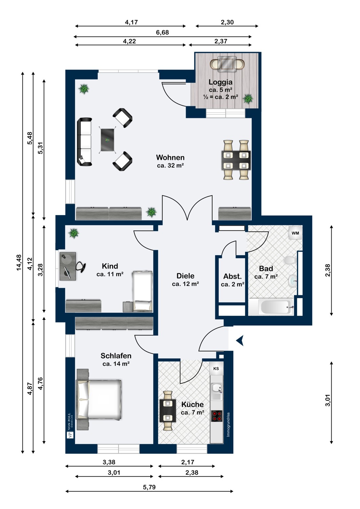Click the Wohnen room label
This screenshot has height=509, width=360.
170,157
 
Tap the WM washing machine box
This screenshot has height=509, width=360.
295,233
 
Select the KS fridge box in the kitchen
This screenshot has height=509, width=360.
216,369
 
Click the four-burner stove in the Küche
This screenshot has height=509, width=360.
216,416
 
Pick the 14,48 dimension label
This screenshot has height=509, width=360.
19,262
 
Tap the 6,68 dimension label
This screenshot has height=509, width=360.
162,33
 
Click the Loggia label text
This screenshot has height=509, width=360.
220,82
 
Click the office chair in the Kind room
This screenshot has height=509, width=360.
81,266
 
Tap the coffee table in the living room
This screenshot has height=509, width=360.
108,140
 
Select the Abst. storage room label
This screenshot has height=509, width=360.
232,276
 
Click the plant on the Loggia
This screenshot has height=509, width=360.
248,99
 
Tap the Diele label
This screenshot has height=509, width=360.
185,276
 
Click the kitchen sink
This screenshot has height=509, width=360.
216,391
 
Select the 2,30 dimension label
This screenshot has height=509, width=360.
227,22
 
